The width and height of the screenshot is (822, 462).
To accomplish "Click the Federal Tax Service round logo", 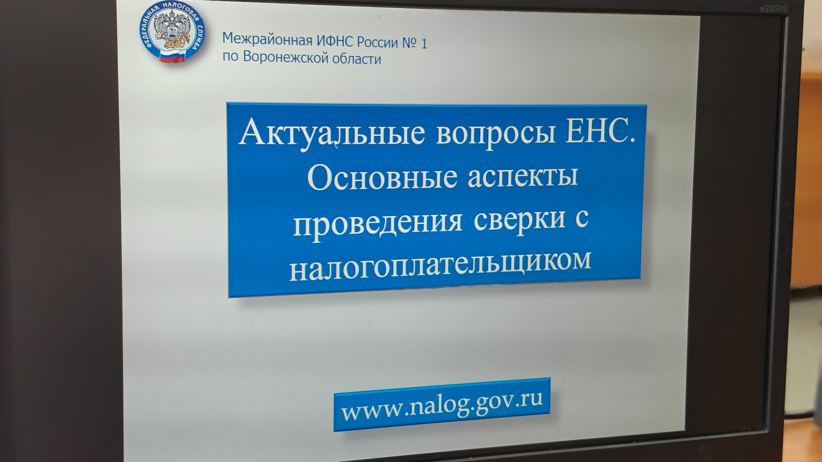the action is point(172,31).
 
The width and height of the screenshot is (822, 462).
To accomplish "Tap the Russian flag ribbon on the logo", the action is point(172,57).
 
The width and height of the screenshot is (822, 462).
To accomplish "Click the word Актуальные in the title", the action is point(332,133).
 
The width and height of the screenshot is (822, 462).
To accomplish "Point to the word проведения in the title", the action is point(378,222).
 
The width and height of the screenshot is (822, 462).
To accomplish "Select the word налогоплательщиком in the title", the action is point(440,266).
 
